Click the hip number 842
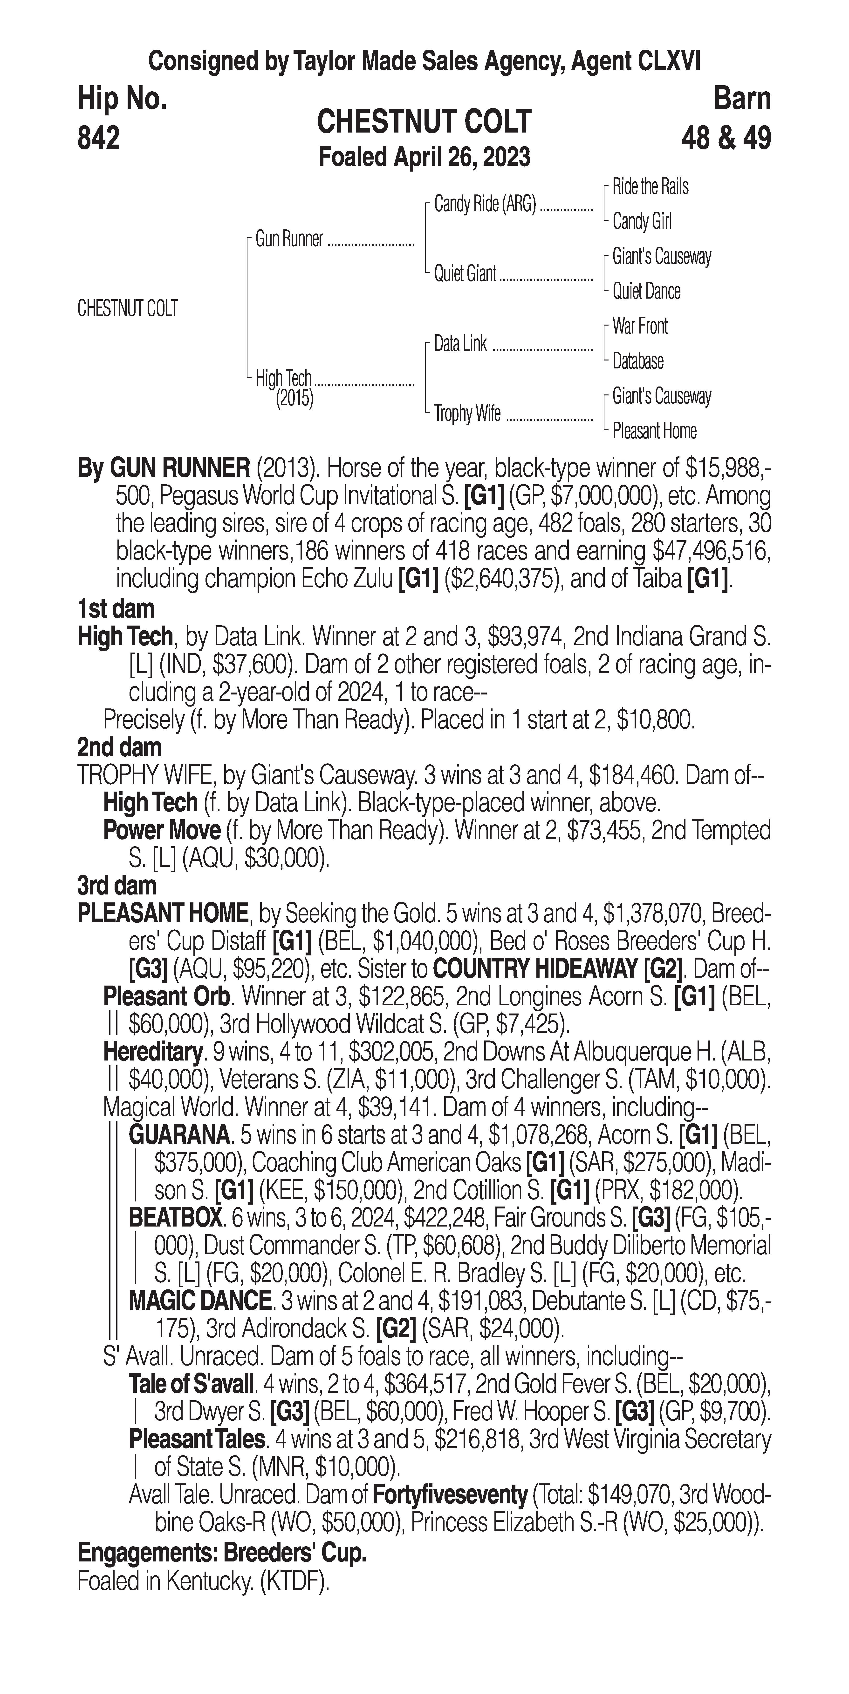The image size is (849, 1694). tap(99, 138)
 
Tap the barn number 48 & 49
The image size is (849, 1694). tap(726, 138)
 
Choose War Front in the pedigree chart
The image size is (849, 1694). tap(640, 326)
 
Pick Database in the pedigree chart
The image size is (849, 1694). tap(638, 361)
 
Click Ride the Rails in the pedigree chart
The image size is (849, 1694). tap(650, 187)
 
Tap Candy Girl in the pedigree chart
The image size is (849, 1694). tap(642, 222)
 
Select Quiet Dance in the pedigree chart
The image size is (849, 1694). tap(646, 291)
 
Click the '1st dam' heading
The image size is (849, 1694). tap(116, 609)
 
